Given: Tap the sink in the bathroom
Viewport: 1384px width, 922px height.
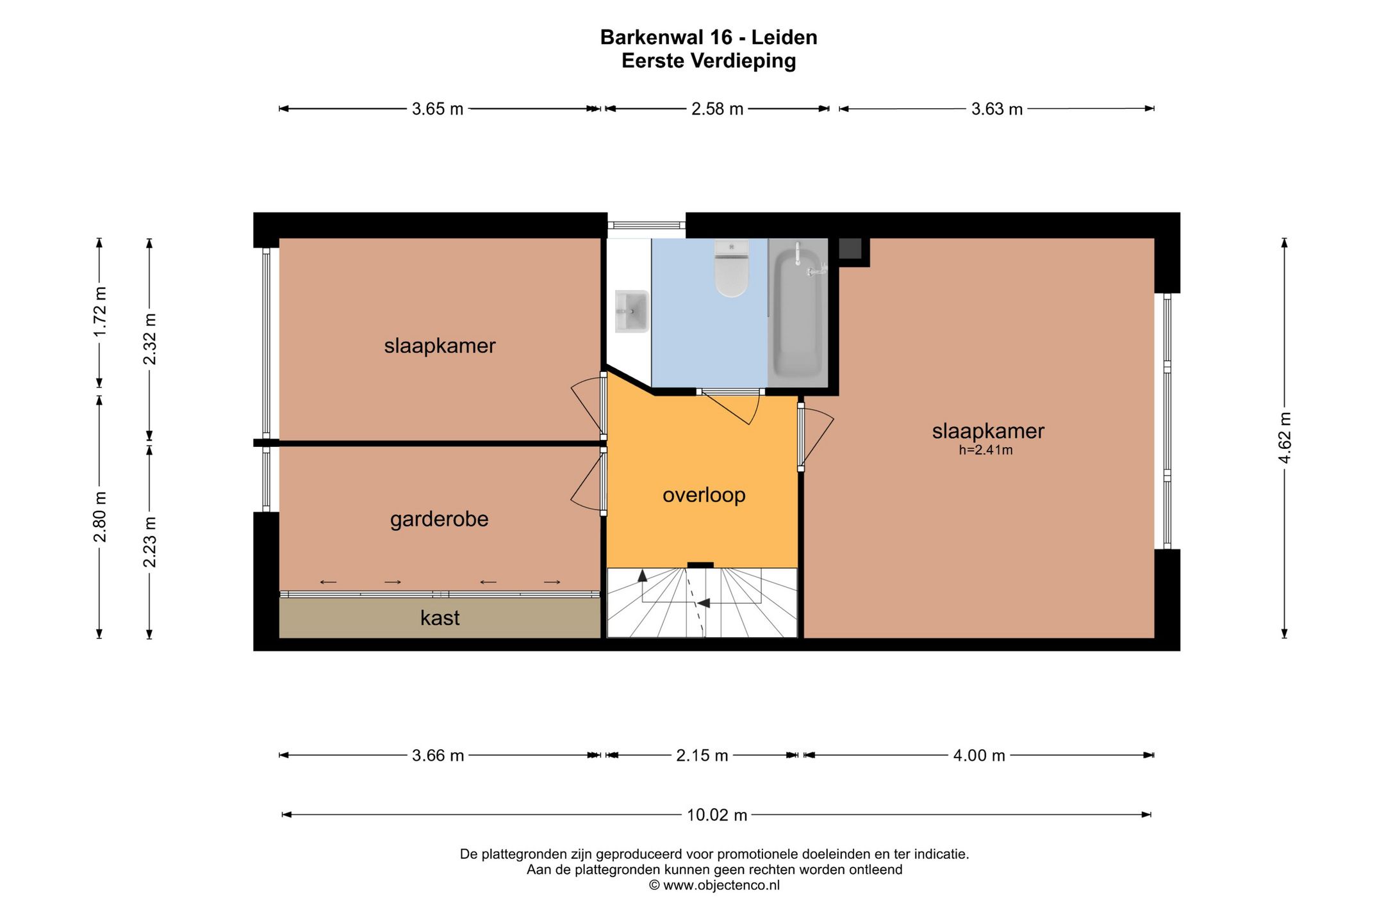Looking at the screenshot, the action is pyautogui.click(x=632, y=311).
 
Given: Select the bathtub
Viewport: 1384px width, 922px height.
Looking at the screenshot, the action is pyautogui.click(x=798, y=313).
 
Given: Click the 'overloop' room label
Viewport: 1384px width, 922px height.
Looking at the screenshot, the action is pyautogui.click(x=704, y=495).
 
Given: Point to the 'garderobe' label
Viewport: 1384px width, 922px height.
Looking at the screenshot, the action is pyautogui.click(x=439, y=519).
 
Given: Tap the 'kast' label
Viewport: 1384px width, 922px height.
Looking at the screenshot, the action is pyautogui.click(x=440, y=618).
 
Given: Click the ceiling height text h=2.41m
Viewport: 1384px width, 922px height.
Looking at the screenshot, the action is pyautogui.click(x=985, y=450).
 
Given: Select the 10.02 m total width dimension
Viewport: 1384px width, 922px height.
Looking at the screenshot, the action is pyautogui.click(x=717, y=815).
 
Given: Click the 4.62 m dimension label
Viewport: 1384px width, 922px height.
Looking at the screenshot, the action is pyautogui.click(x=1284, y=438).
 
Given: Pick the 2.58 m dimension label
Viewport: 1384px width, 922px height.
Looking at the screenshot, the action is pyautogui.click(x=717, y=109).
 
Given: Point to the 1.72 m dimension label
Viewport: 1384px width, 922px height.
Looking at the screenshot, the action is pyautogui.click(x=99, y=312).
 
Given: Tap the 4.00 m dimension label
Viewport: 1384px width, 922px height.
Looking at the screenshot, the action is pyautogui.click(x=979, y=756).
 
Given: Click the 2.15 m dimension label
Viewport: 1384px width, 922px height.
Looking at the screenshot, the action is pyautogui.click(x=702, y=756).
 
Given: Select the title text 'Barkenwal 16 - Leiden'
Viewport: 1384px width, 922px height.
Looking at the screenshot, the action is pyautogui.click(x=709, y=37).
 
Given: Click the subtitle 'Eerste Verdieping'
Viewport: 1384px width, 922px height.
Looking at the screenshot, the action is pyautogui.click(x=709, y=61).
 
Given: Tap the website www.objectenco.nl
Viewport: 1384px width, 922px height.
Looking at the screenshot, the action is pyautogui.click(x=721, y=886).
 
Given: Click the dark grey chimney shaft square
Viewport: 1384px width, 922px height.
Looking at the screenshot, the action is pyautogui.click(x=850, y=248).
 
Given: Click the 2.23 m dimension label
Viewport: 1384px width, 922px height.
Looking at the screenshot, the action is pyautogui.click(x=149, y=542).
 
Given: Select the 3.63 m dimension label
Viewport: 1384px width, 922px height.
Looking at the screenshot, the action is pyautogui.click(x=997, y=109).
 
